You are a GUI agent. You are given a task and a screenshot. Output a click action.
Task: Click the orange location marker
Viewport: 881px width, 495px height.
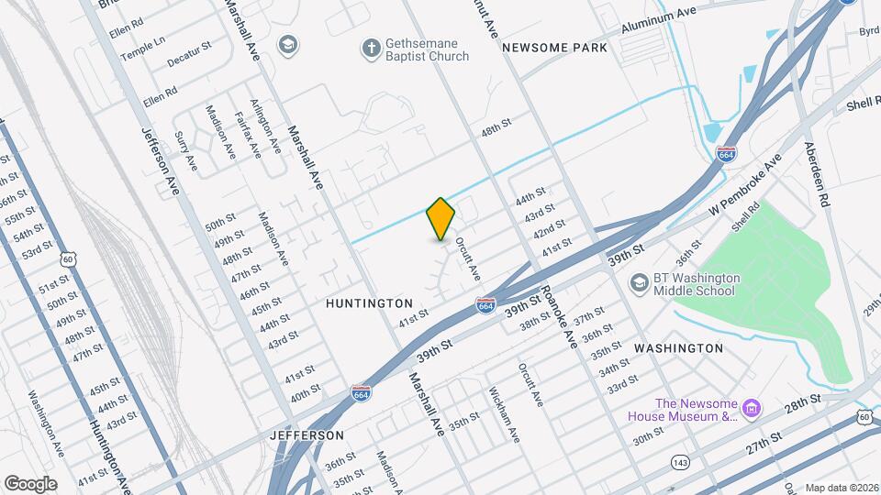[x=440, y=219]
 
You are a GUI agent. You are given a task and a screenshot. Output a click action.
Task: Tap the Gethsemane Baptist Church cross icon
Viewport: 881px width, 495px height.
[x=371, y=49]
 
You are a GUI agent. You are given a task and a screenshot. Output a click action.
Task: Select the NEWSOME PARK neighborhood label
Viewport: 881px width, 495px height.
[x=554, y=48]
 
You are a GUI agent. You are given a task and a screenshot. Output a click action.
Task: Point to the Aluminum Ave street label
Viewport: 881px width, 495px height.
[x=659, y=23]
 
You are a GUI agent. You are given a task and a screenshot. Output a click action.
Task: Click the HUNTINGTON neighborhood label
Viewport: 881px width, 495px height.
[x=370, y=302]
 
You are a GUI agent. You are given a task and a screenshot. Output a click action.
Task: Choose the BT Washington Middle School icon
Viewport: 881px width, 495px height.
[x=638, y=284]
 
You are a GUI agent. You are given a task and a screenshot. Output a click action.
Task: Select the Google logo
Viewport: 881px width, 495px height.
[x=29, y=484]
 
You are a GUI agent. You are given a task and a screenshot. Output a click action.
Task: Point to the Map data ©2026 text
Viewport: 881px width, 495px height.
[x=841, y=489]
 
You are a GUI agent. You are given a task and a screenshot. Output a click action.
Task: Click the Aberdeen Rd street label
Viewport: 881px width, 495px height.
[x=817, y=174]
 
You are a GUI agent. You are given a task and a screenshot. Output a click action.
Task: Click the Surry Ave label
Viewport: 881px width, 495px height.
[x=185, y=151]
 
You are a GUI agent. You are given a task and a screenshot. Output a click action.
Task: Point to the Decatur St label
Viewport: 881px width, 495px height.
[x=189, y=53]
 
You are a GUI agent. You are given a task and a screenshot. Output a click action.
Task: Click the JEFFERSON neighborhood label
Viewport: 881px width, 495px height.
[x=307, y=435]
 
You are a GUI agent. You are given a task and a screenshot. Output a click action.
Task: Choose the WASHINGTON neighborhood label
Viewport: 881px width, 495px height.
[x=678, y=348]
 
